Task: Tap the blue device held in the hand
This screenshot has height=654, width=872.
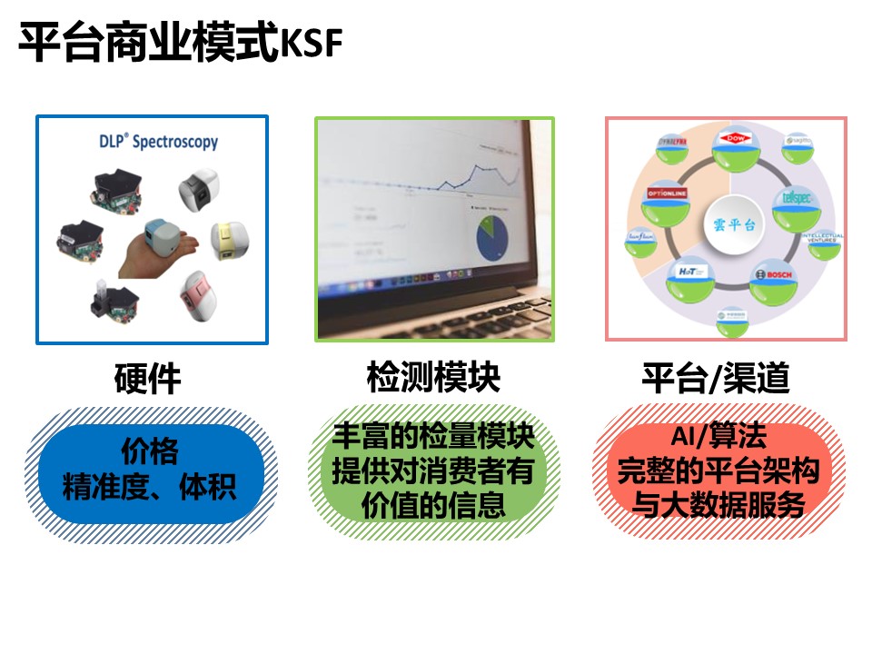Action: click(161, 238)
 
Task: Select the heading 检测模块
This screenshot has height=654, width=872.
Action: click(433, 377)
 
